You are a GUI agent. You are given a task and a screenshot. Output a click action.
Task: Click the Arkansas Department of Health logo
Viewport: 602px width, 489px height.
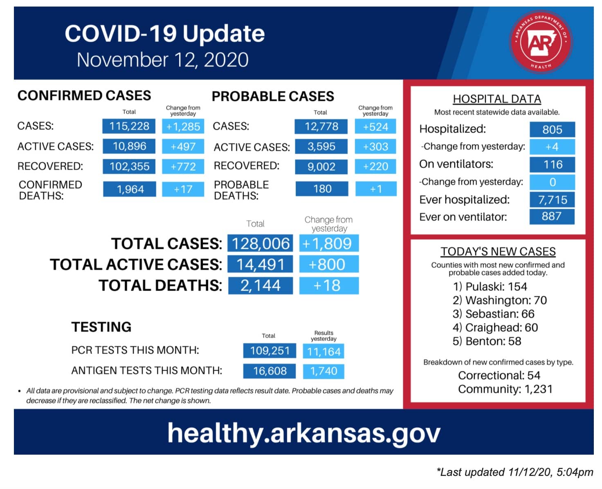tap(540, 42)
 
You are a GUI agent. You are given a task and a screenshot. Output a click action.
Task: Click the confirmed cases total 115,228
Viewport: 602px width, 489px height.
tap(128, 126)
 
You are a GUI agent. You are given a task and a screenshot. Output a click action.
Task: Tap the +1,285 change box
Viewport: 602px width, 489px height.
tap(183, 126)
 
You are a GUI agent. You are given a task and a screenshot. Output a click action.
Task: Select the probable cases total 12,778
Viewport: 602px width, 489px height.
tap(321, 126)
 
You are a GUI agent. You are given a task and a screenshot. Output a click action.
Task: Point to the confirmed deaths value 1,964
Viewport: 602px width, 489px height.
tap(130, 189)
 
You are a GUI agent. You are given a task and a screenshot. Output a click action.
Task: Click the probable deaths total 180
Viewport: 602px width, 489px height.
tap(322, 188)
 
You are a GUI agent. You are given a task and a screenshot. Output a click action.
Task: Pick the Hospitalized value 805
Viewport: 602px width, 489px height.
tap(552, 129)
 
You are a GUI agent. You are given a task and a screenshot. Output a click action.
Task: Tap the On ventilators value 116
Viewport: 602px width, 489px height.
tap(552, 164)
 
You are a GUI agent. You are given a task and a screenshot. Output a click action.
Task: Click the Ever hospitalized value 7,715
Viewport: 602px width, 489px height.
tap(552, 200)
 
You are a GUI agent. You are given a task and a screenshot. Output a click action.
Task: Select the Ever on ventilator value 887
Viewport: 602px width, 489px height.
tap(552, 216)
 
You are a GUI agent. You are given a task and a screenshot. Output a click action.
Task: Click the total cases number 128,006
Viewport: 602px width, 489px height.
tap(260, 243)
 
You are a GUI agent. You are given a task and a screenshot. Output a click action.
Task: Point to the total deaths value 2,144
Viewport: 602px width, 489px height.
tap(260, 285)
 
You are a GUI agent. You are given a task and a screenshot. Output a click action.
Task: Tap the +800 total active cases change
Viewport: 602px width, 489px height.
tap(329, 264)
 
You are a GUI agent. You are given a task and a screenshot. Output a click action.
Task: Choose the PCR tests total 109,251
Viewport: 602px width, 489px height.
tap(270, 350)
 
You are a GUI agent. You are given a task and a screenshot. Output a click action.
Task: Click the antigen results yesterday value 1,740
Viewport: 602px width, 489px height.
tap(323, 371)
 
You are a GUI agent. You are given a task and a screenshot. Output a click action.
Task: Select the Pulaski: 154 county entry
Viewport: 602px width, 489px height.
tap(490, 287)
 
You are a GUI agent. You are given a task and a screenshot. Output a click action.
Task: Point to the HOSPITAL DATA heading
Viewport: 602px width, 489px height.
tap(497, 99)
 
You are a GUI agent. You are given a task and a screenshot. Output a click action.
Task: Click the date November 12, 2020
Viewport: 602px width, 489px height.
tap(162, 60)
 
